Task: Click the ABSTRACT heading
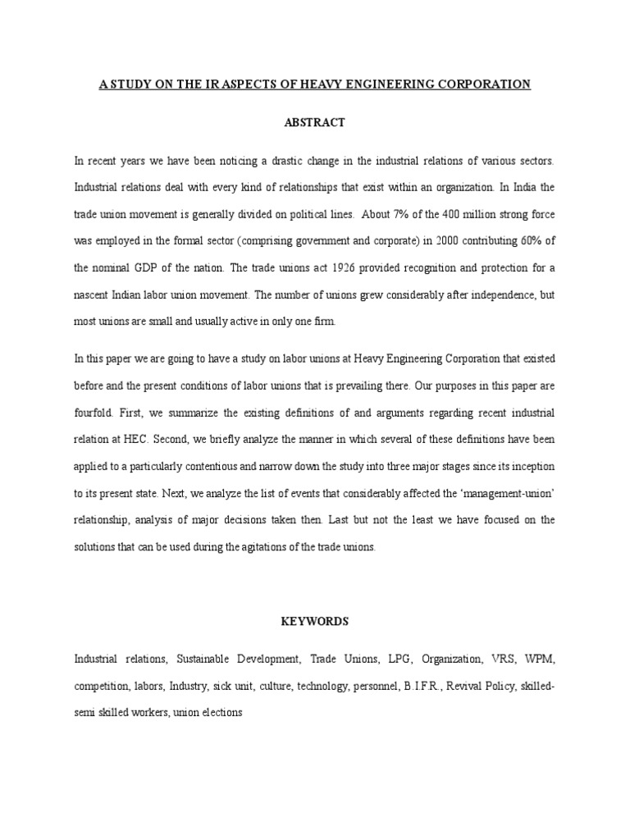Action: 314,122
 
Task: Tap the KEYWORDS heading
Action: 314,621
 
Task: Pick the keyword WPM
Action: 540,658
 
